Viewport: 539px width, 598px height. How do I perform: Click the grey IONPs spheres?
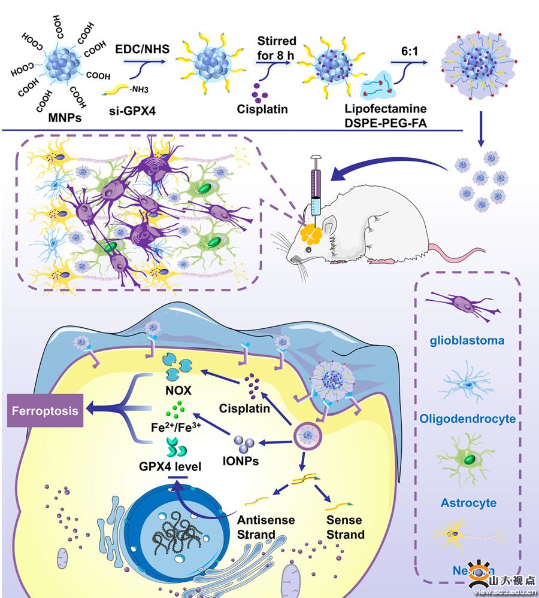244,443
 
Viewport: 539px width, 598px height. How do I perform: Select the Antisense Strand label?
266,526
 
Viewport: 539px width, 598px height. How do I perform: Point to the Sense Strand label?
345,526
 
